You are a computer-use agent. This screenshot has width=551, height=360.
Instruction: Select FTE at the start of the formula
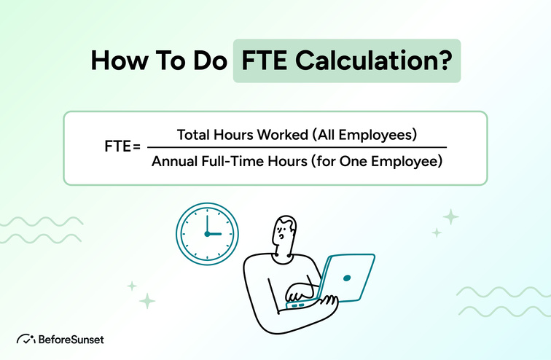pos(117,147)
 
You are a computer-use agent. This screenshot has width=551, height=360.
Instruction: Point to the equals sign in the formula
pos(136,147)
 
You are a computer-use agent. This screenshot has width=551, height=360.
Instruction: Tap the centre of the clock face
pos(207,234)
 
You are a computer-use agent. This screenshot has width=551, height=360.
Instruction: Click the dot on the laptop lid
pos(345,278)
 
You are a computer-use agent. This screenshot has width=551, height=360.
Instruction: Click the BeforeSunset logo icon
pos(26,338)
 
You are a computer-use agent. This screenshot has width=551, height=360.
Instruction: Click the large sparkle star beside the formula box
pos(451,216)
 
